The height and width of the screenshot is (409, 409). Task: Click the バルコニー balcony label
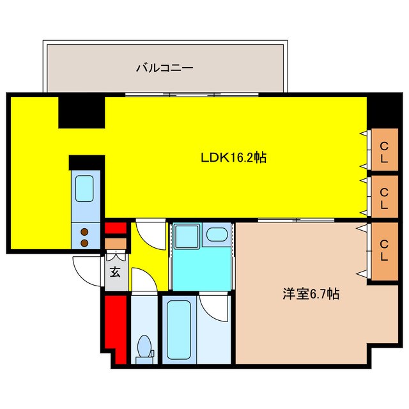click(x=164, y=67)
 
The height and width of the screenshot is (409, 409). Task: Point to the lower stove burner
click(x=84, y=242)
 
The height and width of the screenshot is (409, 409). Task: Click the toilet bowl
click(x=144, y=347)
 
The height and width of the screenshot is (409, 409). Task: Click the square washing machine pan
click(x=187, y=237)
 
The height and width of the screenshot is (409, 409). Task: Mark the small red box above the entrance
click(x=116, y=228)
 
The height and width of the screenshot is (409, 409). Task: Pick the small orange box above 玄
click(x=116, y=243)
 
